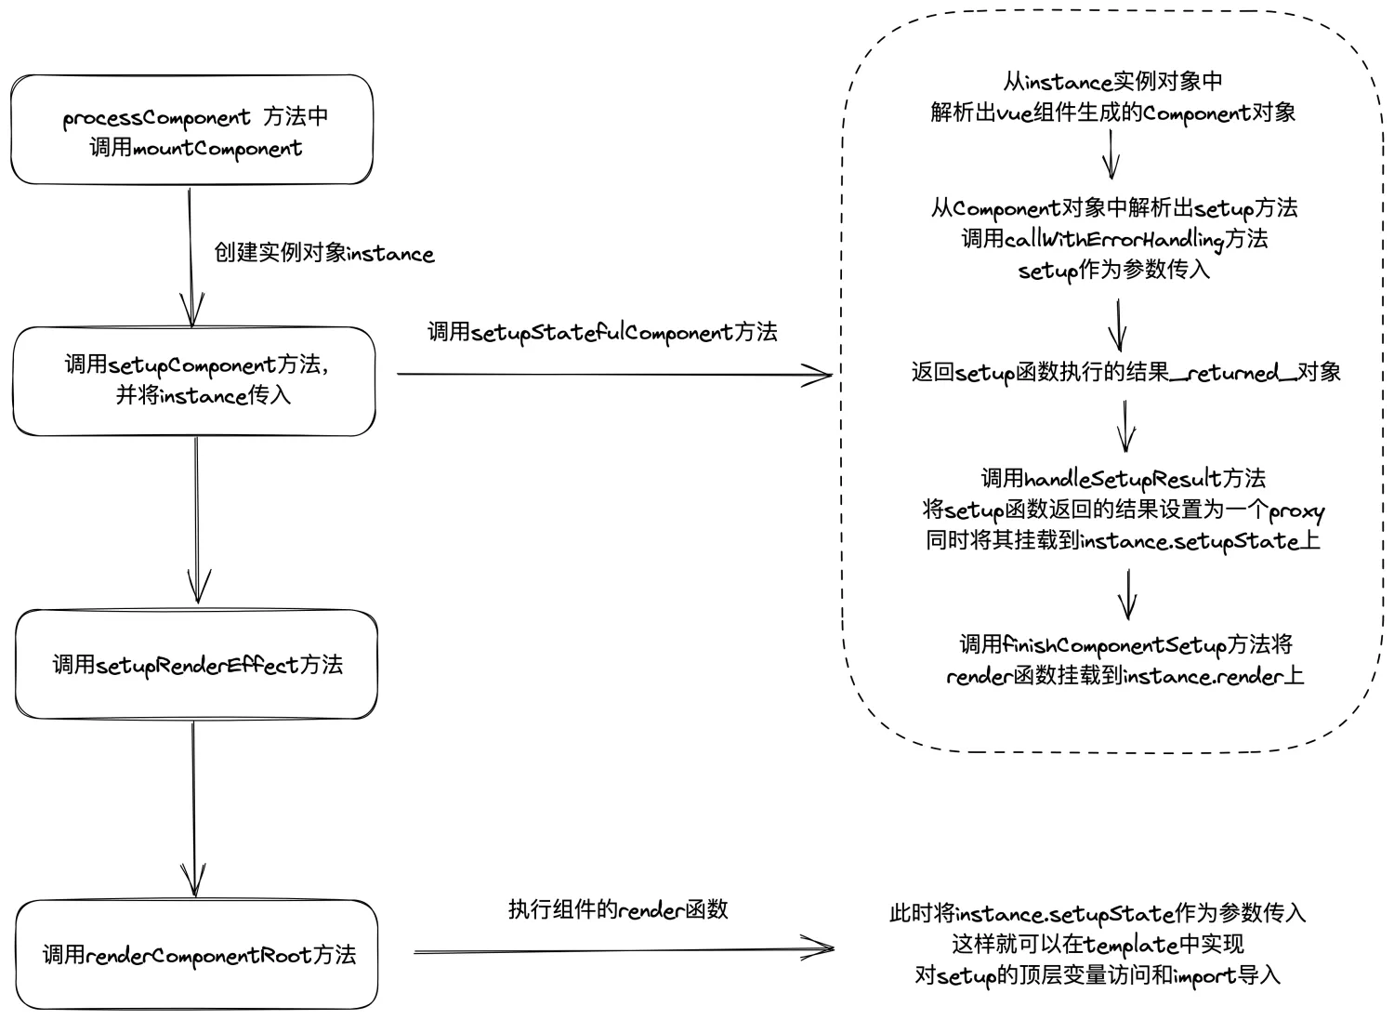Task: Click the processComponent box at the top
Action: click(191, 130)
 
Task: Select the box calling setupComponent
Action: click(193, 380)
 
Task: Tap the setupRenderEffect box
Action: click(196, 664)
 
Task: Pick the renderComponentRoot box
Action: click(197, 954)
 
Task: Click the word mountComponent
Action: click(217, 149)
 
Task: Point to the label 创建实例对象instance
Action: click(323, 254)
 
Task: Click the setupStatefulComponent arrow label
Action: click(602, 333)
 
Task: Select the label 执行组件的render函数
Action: click(618, 909)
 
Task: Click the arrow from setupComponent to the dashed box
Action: click(613, 375)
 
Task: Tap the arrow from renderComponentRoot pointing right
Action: click(623, 950)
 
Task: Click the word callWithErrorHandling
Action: click(1114, 239)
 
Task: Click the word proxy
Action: click(1296, 510)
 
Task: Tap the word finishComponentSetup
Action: click(1114, 645)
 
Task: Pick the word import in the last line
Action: click(1205, 976)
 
